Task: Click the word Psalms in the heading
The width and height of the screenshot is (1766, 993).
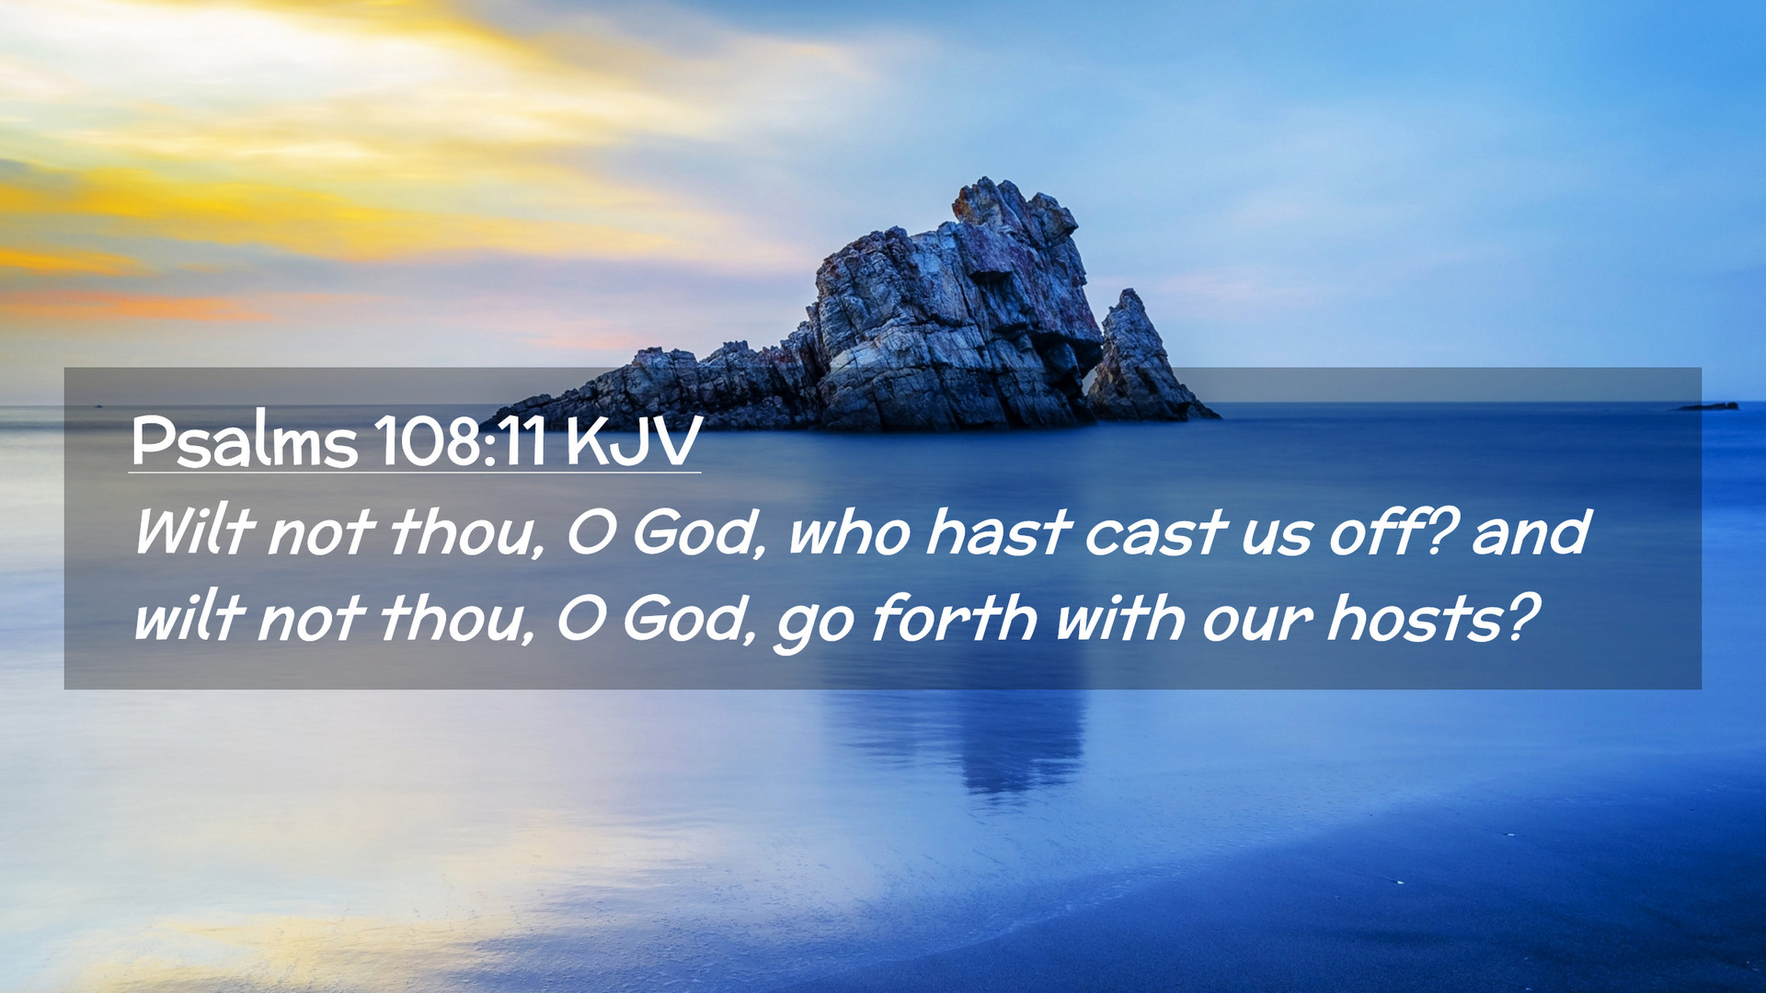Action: coord(244,442)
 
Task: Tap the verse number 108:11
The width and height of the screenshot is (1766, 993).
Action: coord(461,442)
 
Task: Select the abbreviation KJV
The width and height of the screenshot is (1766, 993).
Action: coord(634,442)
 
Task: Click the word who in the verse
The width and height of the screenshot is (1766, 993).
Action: coord(849,533)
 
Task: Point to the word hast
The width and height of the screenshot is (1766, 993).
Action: coord(997,532)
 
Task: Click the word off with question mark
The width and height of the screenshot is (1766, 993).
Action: coord(1392,531)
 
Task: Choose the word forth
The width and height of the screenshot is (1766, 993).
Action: coord(953,617)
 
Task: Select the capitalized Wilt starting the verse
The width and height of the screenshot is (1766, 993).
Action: coord(193,531)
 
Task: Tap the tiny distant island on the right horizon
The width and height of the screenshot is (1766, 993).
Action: coord(1708,405)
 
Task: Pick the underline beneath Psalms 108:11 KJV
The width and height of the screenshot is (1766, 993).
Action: coord(415,473)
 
